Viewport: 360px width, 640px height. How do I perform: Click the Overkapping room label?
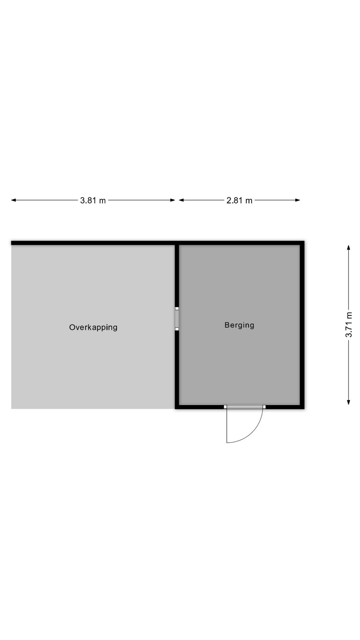93,327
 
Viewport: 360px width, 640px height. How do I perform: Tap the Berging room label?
239,325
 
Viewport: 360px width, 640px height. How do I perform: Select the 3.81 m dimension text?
93,200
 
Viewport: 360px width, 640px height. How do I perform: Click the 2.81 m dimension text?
240,200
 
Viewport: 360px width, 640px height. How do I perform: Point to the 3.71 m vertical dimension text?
349,325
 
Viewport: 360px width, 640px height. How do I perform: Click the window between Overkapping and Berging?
177,319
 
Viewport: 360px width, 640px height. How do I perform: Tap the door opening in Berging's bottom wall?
245,407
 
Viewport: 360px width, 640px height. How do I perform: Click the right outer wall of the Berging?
302,325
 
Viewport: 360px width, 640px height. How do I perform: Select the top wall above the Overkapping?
93,243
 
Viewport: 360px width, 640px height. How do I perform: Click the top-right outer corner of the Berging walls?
304,241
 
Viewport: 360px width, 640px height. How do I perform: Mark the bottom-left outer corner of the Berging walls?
175,409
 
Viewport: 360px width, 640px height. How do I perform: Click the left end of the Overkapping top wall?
11,243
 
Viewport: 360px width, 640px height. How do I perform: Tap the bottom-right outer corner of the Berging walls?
304,409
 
